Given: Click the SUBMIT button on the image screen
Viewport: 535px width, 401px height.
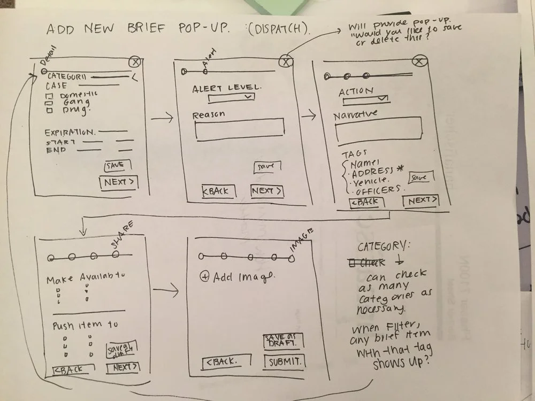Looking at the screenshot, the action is [284, 361].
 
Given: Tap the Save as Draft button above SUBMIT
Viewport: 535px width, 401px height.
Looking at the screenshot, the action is [283, 341].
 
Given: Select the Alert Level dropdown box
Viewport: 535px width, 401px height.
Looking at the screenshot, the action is [231, 97].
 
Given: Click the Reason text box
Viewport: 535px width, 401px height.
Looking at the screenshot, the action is [239, 130].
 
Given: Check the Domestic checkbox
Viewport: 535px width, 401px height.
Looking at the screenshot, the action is [48, 96].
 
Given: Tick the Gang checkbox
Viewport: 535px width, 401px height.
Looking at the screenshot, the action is [49, 103].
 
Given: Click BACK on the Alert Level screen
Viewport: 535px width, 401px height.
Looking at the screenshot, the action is [215, 191].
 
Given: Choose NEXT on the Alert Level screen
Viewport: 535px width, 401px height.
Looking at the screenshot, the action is [266, 191].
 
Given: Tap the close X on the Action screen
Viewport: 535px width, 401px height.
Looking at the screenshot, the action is [420, 63].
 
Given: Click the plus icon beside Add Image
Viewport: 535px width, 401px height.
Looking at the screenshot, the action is [204, 277].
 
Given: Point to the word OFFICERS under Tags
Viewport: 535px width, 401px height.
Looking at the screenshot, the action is [378, 190].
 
